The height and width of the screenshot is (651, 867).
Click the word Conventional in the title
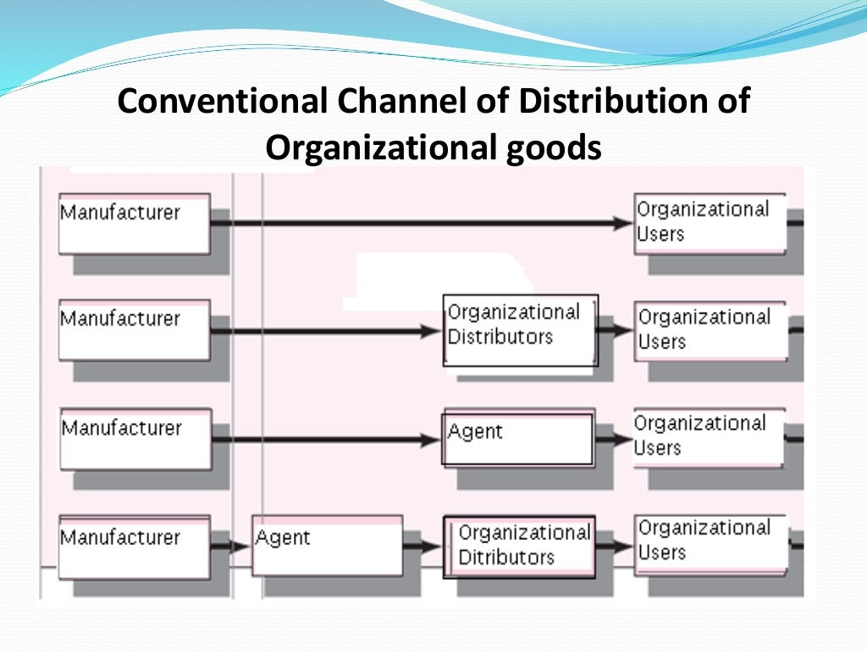(222, 102)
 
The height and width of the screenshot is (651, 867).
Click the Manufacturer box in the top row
(134, 223)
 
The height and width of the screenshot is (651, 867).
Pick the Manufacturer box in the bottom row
(134, 547)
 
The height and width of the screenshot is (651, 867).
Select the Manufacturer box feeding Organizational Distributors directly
(134, 330)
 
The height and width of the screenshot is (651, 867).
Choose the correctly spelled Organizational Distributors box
(520, 330)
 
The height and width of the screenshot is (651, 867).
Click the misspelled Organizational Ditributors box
(519, 547)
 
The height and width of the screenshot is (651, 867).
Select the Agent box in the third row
(518, 437)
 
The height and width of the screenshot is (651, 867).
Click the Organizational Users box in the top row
(710, 223)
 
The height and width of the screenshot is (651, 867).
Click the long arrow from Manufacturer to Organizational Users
(423, 224)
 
